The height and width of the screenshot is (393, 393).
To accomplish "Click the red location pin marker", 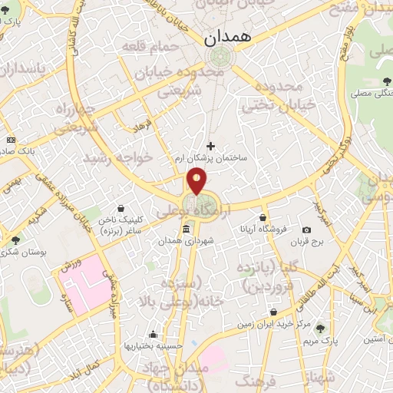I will (x=197, y=182).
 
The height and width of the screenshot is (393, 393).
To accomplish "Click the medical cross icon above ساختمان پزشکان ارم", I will (x=210, y=145).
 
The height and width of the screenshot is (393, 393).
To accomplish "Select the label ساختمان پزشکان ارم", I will (x=211, y=157).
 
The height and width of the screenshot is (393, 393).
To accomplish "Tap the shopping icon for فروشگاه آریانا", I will (x=263, y=217).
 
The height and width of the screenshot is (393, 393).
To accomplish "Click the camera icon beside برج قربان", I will (x=307, y=230).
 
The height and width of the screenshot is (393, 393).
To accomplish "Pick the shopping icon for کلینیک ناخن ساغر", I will (x=121, y=207).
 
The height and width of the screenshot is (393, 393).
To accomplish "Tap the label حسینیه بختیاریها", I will (x=154, y=346).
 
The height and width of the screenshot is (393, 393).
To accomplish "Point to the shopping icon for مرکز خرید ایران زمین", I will (x=275, y=312).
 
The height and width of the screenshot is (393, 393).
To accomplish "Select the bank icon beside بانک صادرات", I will (x=11, y=140).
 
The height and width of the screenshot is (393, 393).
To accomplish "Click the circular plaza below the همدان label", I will (x=220, y=56).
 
